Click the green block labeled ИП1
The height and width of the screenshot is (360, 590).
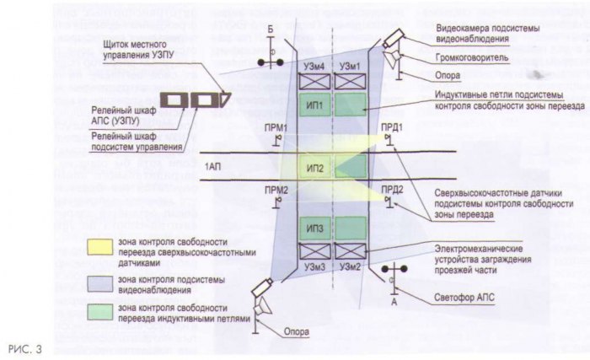tap(314, 106)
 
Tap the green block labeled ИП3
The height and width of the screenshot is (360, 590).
tap(315, 228)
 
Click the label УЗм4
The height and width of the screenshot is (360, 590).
tap(312, 66)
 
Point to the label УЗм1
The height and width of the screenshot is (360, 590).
tap(349, 66)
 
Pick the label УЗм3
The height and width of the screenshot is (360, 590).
tap(312, 266)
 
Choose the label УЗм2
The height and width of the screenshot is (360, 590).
tap(351, 266)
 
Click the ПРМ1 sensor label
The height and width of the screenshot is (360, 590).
tap(276, 127)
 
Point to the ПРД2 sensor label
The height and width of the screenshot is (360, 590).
tap(391, 190)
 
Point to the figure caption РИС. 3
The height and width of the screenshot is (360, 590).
tap(24, 347)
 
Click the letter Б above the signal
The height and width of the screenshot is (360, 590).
tap(271, 30)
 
